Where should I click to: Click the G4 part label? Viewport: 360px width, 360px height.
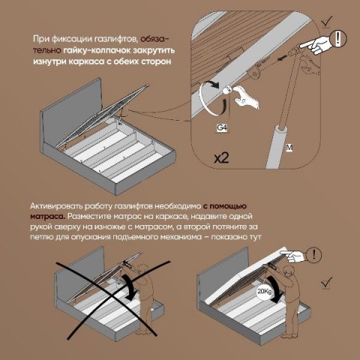click(222, 128)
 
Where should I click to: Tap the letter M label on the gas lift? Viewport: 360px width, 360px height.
click(289, 148)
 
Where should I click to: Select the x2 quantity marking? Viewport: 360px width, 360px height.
click(221, 158)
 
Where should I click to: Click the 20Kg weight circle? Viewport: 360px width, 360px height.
click(265, 292)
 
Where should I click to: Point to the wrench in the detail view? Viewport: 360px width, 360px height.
click(246, 97)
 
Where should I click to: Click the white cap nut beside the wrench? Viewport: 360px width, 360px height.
click(226, 90)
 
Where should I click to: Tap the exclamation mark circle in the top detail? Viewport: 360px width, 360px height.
click(338, 39)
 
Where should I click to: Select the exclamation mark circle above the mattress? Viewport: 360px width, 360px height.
click(314, 255)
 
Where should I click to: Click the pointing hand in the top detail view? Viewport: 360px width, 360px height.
click(316, 44)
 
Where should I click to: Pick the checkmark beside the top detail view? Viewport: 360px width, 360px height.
click(327, 22)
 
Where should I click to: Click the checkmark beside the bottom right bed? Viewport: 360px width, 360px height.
click(326, 283)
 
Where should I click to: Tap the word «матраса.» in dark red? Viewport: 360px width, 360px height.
click(48, 217)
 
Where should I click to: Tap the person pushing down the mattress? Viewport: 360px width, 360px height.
click(291, 299)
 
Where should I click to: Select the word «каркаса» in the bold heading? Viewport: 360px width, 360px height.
click(86, 61)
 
